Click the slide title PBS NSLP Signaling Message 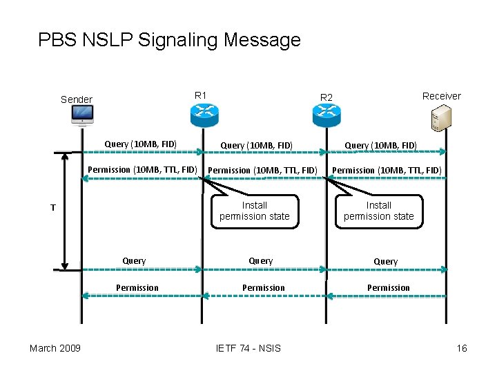pos(169,39)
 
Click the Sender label pos(76,99)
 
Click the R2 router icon pos(327,115)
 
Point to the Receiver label pos(441,96)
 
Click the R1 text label pos(201,95)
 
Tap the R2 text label pos(326,97)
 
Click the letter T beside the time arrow pos(52,207)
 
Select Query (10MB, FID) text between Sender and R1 pos(140,144)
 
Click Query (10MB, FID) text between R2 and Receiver pos(380,145)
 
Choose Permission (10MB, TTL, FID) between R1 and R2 pos(262,170)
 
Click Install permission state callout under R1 pos(254,211)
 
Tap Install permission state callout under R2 pos(378,211)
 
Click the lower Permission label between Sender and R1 pos(137,287)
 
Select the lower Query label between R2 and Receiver pos(385,262)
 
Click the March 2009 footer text pos(55,347)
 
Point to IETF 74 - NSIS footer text pos(248,347)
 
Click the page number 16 pos(461,347)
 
